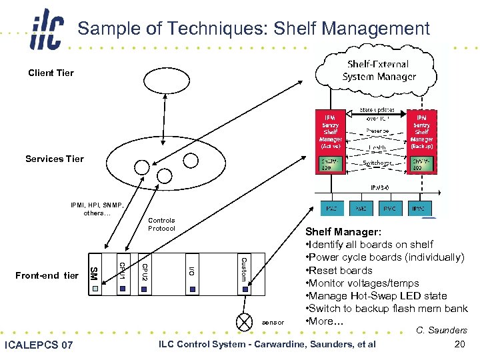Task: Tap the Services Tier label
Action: pyautogui.click(x=55, y=159)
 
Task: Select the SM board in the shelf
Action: pyautogui.click(x=94, y=273)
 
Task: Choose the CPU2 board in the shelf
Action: pyautogui.click(x=144, y=273)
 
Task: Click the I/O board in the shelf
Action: pyautogui.click(x=191, y=273)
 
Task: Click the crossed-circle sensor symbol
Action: pyautogui.click(x=244, y=322)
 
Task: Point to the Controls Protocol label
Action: pyautogui.click(x=161, y=225)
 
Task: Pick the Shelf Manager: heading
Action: pyautogui.click(x=343, y=232)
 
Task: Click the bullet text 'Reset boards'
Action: pyautogui.click(x=341, y=270)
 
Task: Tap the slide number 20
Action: pyautogui.click(x=459, y=344)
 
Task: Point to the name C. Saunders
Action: pyautogui.click(x=441, y=330)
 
